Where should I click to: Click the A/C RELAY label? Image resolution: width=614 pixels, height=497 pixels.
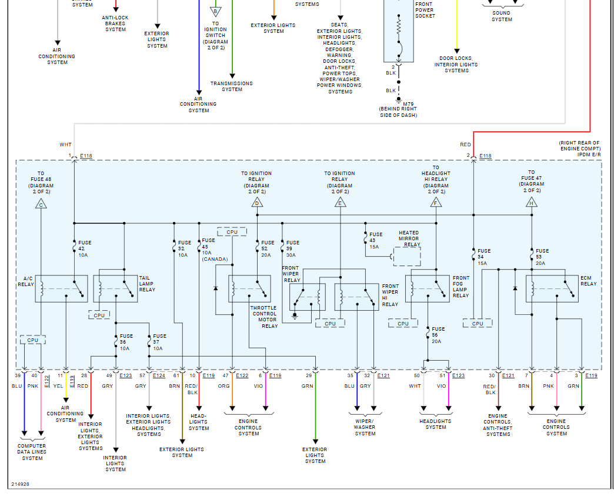26,281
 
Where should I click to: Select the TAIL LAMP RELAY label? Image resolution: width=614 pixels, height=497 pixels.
147,283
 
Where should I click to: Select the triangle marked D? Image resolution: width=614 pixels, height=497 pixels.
257,203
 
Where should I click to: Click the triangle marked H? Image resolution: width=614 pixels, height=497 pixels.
532,203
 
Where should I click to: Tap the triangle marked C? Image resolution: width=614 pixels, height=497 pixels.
41,203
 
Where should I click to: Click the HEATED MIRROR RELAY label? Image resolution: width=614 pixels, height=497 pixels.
409,239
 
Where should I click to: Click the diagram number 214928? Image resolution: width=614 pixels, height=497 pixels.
20,485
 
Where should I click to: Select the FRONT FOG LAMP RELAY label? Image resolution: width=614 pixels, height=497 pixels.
461,287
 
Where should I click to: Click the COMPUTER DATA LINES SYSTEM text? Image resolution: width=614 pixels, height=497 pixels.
32,452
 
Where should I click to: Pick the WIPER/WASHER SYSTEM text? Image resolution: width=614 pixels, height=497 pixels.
365,427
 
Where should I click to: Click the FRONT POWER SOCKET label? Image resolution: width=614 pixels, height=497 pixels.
425,10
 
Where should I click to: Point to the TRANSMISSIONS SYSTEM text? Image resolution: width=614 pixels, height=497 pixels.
232,86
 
